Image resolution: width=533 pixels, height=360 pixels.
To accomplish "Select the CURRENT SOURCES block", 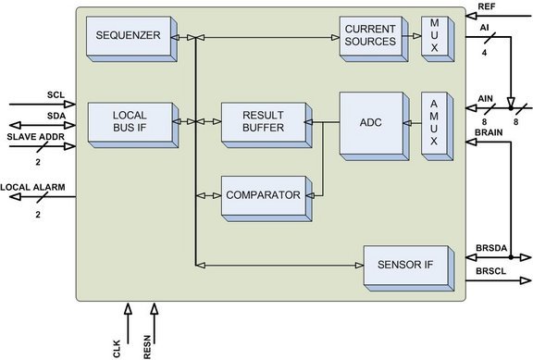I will point(370,36).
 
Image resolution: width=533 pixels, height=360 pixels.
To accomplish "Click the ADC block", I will point(371,121).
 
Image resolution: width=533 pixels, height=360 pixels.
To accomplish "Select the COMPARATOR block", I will point(263,195).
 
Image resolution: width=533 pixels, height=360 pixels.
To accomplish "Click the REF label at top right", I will point(486,6).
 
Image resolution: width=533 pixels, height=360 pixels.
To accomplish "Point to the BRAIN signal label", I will point(488,134).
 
